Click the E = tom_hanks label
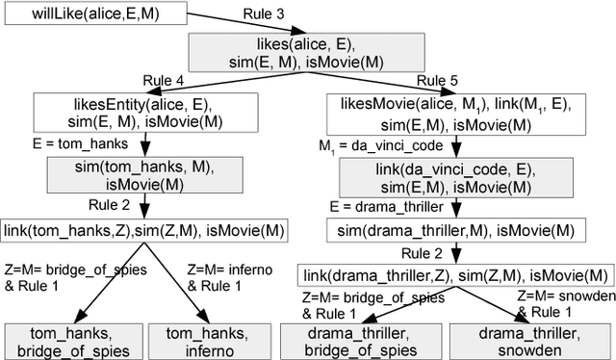pyautogui.click(x=66, y=145)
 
